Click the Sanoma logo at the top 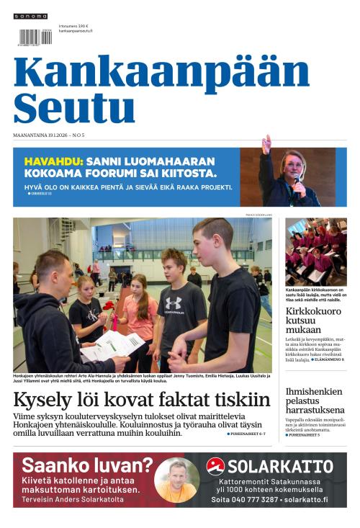(30, 16)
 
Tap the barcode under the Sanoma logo (35, 37)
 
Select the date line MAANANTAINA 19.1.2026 (40, 135)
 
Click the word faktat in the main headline (195, 400)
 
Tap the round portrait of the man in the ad (176, 480)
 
